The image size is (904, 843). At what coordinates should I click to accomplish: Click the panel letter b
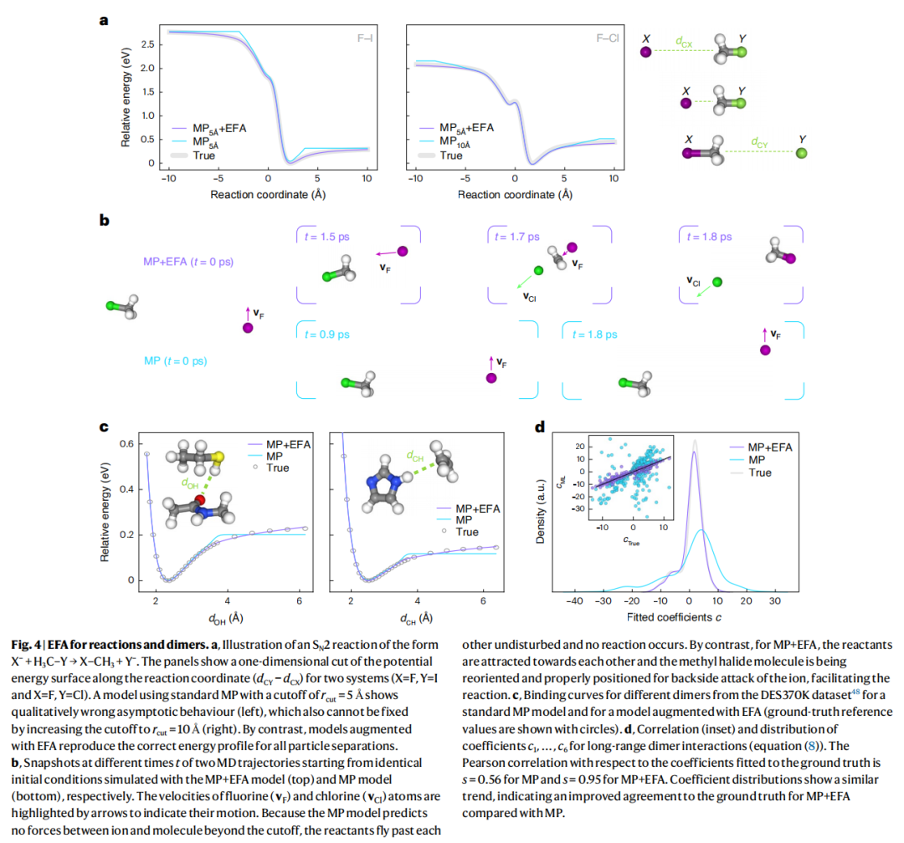[x=104, y=221]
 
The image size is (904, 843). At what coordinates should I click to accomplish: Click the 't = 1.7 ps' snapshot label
[x=517, y=236]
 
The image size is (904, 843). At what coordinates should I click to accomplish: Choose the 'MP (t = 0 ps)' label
[x=176, y=360]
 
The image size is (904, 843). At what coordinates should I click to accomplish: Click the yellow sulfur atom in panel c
[x=216, y=457]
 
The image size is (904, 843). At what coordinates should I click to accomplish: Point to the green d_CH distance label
[x=415, y=456]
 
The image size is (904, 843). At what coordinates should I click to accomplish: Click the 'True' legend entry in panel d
[x=759, y=473]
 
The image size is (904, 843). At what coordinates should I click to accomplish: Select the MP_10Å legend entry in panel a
[x=459, y=142]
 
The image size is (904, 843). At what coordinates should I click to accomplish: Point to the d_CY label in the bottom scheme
[x=759, y=144]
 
